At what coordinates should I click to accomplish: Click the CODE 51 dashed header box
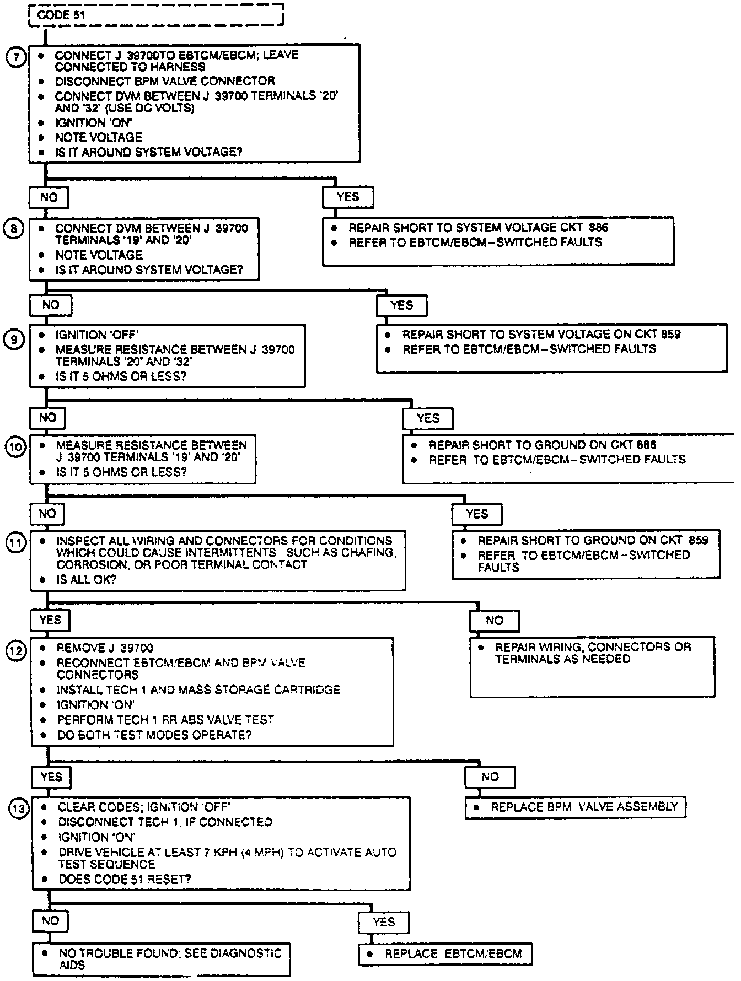point(156,14)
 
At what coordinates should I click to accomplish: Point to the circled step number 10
point(15,447)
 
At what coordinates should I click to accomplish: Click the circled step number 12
point(16,651)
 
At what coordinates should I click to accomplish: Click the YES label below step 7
point(348,197)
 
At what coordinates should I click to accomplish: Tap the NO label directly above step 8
point(49,197)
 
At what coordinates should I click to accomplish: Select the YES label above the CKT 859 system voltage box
point(401,305)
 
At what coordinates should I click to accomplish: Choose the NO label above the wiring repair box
point(494,621)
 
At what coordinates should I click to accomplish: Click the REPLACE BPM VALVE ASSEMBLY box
point(576,807)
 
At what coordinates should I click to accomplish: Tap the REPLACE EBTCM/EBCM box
point(445,954)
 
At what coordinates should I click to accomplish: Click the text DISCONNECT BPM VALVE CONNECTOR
point(165,81)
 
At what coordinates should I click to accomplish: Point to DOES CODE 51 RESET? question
point(125,879)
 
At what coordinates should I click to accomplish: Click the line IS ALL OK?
point(86,580)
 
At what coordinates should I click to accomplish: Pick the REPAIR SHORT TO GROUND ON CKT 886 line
point(543,445)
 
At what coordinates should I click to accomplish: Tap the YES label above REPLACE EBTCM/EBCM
point(384,922)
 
